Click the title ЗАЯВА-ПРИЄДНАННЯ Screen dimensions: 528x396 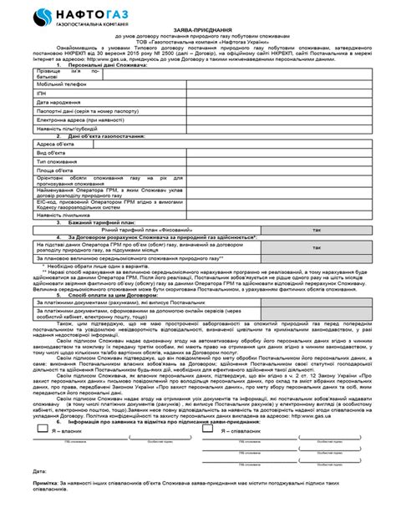point(199,52)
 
